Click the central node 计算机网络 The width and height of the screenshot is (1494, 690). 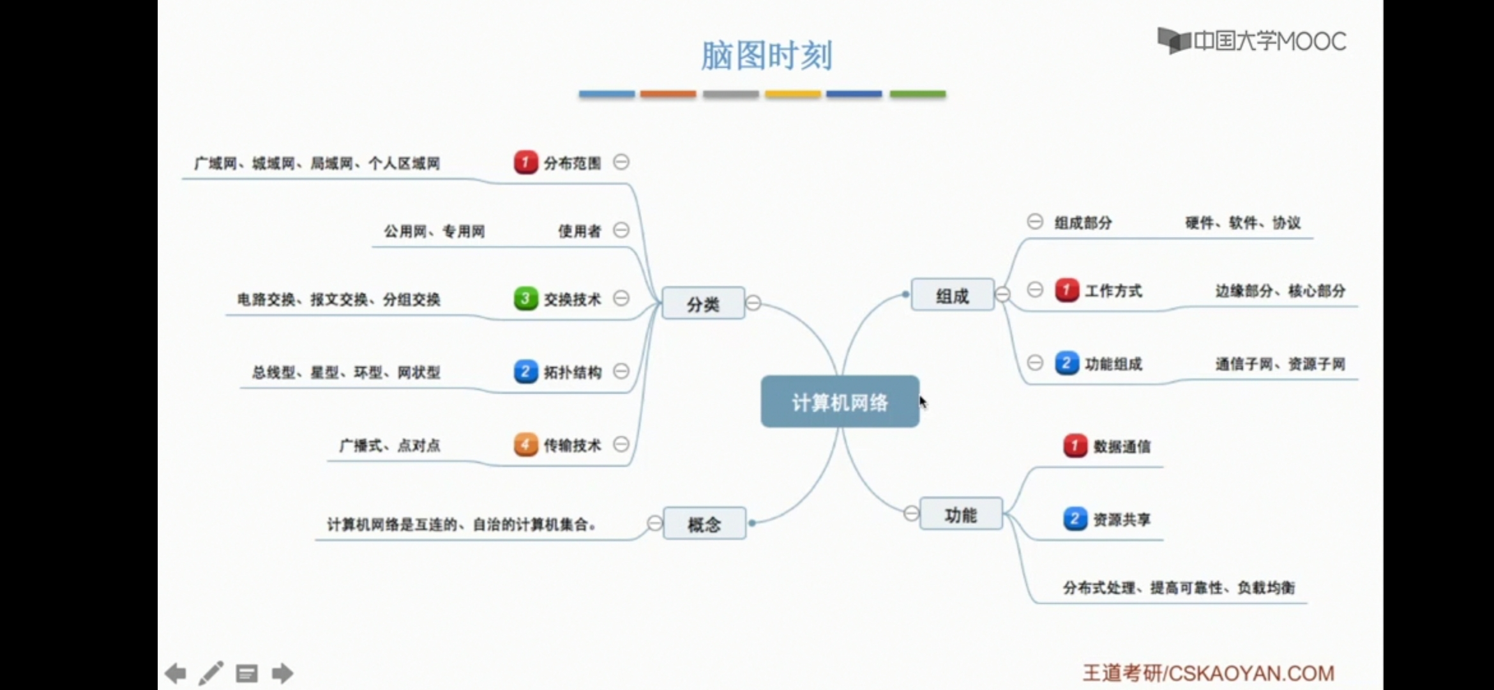(840, 402)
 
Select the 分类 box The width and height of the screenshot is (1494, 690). (703, 303)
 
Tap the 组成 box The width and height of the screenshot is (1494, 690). (952, 295)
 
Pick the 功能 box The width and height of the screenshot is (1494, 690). (960, 514)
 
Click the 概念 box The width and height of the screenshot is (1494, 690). (704, 524)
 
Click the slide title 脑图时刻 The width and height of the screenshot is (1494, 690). (766, 56)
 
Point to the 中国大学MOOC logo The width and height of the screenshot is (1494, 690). (1251, 42)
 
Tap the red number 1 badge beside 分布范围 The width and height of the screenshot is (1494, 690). (525, 162)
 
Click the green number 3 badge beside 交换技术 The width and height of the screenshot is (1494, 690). (525, 298)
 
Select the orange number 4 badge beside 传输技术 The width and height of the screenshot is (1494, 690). (525, 445)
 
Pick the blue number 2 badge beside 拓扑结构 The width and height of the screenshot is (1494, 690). (525, 371)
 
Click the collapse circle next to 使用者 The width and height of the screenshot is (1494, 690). (621, 230)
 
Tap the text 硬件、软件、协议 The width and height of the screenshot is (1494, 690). (1242, 223)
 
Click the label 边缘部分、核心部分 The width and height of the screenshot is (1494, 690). (1279, 291)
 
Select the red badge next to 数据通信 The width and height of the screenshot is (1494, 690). (1075, 446)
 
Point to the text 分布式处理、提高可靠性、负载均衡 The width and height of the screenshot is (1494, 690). (1179, 588)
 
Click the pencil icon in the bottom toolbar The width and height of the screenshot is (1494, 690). (211, 673)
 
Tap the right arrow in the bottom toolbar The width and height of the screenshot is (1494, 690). (282, 673)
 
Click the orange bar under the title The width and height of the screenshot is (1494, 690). (668, 94)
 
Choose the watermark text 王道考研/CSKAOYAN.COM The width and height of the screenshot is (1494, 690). (1208, 673)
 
